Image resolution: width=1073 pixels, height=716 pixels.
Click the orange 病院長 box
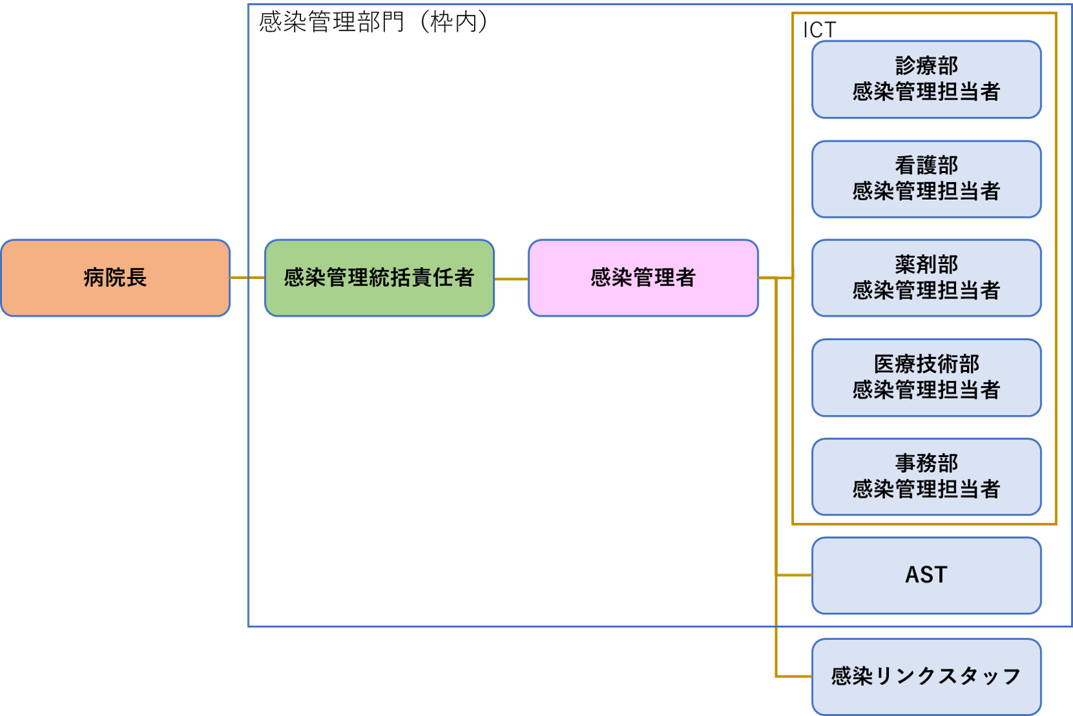click(x=115, y=278)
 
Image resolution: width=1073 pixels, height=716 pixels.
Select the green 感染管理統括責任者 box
click(x=379, y=278)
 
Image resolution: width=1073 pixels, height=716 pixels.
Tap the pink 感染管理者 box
click(x=643, y=278)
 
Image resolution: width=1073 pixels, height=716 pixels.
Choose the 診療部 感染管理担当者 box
click(x=926, y=79)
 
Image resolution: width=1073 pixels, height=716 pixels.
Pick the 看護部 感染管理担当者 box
click(x=926, y=179)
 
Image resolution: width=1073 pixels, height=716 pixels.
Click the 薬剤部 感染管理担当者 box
click(x=926, y=278)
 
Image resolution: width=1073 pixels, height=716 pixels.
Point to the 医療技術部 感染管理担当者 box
click(x=926, y=377)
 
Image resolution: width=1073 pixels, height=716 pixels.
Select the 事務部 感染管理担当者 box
click(x=926, y=477)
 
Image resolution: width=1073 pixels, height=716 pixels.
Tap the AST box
click(x=926, y=576)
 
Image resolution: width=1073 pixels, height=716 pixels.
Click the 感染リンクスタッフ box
click(x=926, y=676)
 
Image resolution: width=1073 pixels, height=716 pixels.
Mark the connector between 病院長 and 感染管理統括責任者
click(x=247, y=278)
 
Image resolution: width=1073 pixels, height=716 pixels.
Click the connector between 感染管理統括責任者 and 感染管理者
click(x=511, y=278)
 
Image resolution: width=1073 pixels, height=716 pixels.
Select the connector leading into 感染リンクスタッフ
click(x=793, y=676)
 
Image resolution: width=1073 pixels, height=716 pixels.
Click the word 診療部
click(x=926, y=66)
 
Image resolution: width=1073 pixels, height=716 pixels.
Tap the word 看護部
click(x=926, y=165)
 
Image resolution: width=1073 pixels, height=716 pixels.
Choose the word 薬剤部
click(x=926, y=265)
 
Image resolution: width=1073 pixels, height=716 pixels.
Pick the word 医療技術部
click(x=926, y=364)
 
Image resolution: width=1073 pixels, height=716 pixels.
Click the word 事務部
click(x=926, y=463)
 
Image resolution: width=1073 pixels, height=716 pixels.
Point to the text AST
click(x=926, y=575)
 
